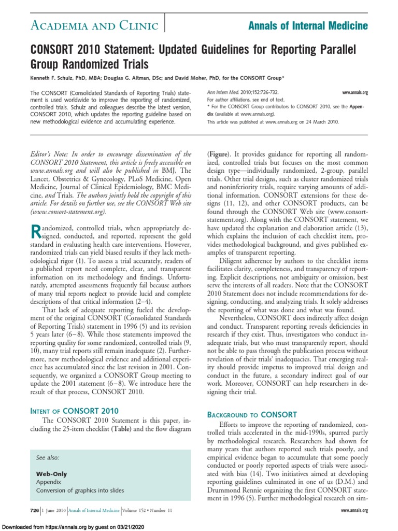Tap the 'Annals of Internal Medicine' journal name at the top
coord(308,25)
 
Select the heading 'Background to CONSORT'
coord(252,414)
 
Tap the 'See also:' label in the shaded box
coord(47,458)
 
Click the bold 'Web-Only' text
coord(51,474)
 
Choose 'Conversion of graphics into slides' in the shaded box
coord(80,490)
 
